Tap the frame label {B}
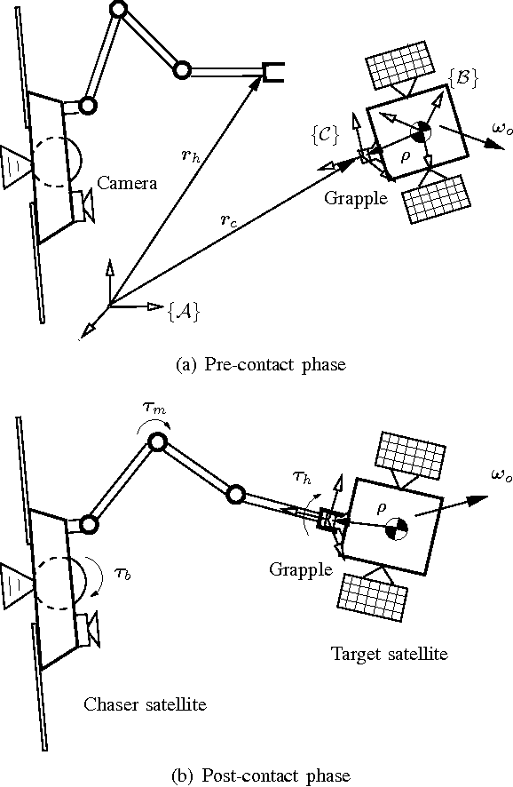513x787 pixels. pos(465,78)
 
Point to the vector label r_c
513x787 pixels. pos(229,219)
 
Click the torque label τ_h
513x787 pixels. pos(303,477)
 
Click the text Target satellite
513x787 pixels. pos(389,655)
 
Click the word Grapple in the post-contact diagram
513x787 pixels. pos(300,568)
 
